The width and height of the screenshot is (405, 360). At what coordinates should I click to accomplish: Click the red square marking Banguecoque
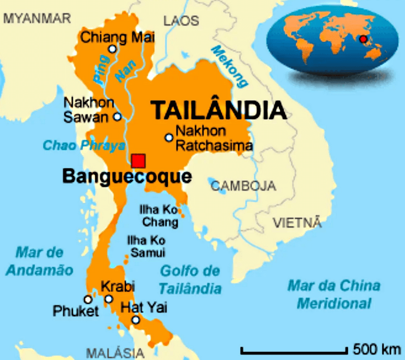[139, 161]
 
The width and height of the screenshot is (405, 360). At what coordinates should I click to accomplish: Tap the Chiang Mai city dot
[112, 49]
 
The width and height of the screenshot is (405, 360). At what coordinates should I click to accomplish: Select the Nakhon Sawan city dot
[117, 117]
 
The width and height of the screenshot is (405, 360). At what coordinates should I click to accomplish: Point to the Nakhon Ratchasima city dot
[169, 138]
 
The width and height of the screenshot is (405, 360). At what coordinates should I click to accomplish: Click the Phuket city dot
[88, 299]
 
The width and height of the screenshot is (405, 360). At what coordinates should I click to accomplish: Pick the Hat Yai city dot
[136, 320]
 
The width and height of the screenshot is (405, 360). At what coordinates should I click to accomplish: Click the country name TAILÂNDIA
[218, 110]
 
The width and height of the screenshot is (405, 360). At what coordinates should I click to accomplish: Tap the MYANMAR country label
[37, 18]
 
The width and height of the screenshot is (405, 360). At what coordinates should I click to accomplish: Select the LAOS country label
[181, 20]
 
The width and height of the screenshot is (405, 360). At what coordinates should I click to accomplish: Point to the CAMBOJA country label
[243, 186]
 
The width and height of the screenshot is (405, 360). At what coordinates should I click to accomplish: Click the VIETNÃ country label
[297, 222]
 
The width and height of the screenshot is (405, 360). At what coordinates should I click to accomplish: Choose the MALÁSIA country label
[115, 353]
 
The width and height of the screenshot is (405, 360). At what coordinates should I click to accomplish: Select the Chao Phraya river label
[84, 145]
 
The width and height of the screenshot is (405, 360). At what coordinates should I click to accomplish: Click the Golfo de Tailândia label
[190, 279]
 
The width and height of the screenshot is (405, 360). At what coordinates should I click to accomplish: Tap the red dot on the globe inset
[363, 39]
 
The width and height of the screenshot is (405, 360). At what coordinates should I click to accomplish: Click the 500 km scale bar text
[378, 348]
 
